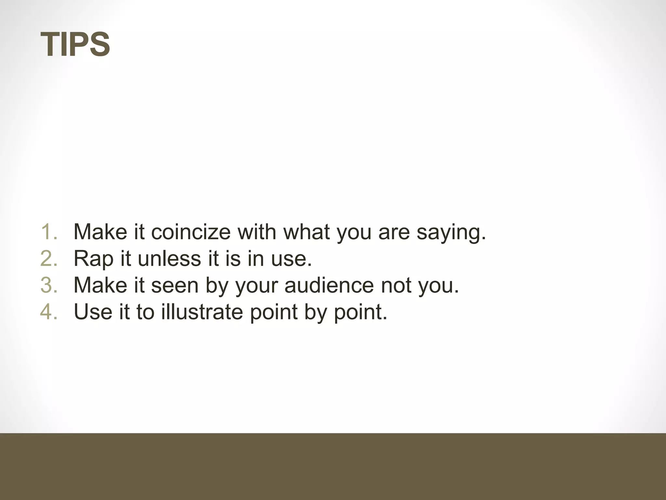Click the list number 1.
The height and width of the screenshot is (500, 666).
[x=49, y=232]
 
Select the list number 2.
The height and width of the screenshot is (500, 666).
[x=49, y=258]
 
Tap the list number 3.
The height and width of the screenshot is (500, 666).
[x=49, y=285]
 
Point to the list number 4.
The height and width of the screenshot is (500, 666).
[x=49, y=312]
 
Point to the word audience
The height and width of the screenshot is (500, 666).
[x=329, y=285]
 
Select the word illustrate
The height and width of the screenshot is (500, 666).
[x=202, y=312]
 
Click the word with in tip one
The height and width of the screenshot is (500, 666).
[x=257, y=232]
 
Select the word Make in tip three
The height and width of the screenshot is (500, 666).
[x=100, y=285]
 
